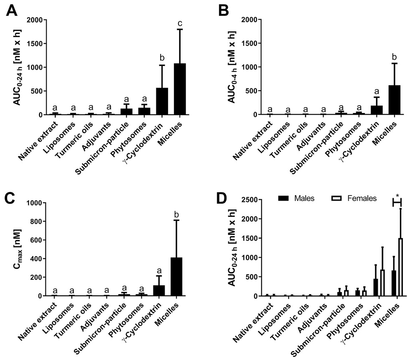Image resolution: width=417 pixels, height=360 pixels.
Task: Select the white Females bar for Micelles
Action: (x=401, y=267)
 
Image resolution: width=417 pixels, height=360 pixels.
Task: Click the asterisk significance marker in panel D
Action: (x=397, y=196)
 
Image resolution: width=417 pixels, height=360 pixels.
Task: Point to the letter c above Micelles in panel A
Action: (x=179, y=23)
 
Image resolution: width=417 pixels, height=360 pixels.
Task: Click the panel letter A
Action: (x=12, y=11)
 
